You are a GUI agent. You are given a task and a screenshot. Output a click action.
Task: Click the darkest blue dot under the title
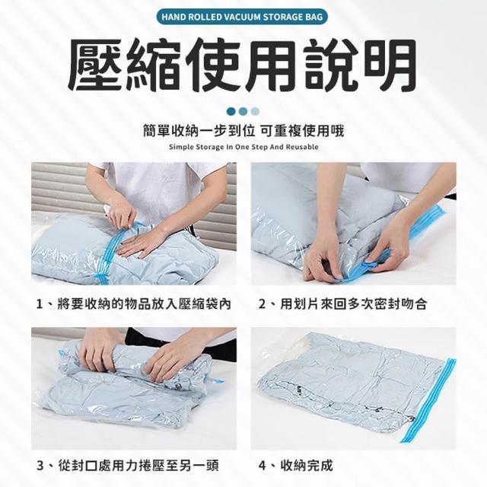coord(231,112)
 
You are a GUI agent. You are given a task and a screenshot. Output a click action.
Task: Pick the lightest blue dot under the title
coord(256,112)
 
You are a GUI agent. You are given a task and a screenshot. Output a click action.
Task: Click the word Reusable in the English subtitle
coord(302,147)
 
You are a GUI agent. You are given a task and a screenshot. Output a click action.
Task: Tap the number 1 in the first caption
coord(40,304)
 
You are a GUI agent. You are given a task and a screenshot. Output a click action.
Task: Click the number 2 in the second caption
coord(263,304)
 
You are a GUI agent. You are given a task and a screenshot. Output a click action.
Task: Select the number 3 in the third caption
coord(40,466)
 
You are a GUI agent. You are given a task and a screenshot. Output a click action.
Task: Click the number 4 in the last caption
coord(263,466)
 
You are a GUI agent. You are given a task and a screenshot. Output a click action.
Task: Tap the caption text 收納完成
coord(307,466)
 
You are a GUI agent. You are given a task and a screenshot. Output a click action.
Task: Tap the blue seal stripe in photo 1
coord(111,252)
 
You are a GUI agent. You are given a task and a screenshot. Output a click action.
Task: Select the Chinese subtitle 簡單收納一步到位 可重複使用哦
coord(243,132)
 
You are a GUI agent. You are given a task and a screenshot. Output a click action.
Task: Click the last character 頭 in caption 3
coord(212,466)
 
